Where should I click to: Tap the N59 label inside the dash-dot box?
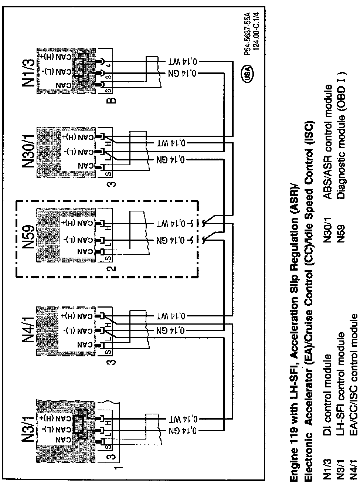pos(29,238)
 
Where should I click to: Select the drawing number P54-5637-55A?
pos(248,33)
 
